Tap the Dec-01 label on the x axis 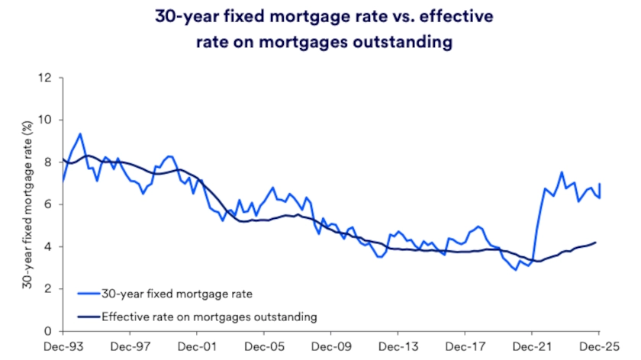(197, 346)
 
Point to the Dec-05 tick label (264, 346)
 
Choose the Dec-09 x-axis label (331, 346)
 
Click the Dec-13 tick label (398, 346)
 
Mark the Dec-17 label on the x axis (465, 346)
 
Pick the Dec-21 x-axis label (532, 346)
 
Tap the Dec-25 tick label (599, 346)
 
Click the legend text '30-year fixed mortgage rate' (166, 291)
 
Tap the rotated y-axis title (26, 204)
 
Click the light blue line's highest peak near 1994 (80, 133)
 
